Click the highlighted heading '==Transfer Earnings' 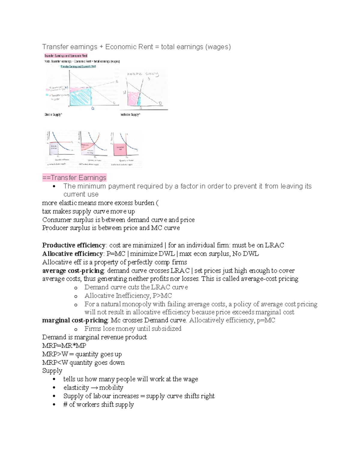pos(74,178)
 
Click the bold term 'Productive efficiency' pos(73,245)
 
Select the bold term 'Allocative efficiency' pos(72,254)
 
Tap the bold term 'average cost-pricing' pos(73,271)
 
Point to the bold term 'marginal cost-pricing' pos(75,320)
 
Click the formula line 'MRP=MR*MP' pos(64,346)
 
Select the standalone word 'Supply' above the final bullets pos(52,371)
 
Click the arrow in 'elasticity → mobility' pos(94,388)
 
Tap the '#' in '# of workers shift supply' pos(65,404)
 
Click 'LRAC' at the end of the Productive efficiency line pos(274,245)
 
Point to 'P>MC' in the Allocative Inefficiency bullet pos(162,296)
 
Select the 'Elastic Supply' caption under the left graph pos(53,114)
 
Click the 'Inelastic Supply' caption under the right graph pos(130,114)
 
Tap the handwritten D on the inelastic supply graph pos(160,103)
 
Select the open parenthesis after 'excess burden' pos(157,203)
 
